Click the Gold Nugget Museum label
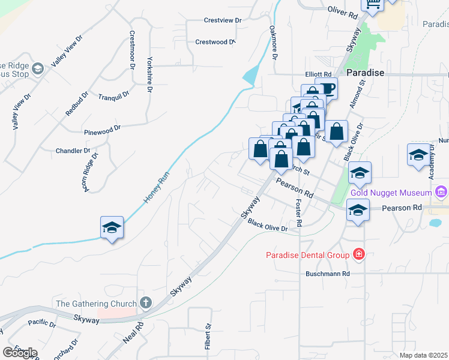(x=391, y=193)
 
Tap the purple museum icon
(x=441, y=193)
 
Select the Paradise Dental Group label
(x=308, y=255)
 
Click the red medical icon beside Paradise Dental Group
(x=359, y=254)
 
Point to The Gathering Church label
(x=96, y=304)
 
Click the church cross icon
(x=145, y=303)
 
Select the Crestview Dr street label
(x=222, y=20)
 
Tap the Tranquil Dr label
(x=113, y=97)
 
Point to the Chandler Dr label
(x=73, y=151)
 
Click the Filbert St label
(x=208, y=337)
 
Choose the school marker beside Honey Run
(x=112, y=228)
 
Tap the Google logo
(x=20, y=353)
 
